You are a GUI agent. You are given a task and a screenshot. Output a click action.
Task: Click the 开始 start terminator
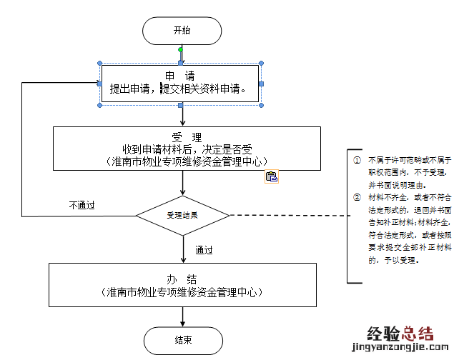[182, 30]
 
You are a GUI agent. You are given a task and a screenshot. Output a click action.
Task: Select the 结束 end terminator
[182, 340]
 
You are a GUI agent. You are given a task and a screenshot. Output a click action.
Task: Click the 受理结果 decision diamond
[182, 214]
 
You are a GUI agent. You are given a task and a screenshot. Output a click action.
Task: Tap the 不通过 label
[82, 205]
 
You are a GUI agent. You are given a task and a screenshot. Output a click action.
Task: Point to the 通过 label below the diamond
[204, 251]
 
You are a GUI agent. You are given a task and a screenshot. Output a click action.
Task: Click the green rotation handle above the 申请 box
[181, 50]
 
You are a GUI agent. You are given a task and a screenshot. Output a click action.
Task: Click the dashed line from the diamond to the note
[286, 214]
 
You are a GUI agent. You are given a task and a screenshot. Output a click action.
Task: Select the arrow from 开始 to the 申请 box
[182, 56]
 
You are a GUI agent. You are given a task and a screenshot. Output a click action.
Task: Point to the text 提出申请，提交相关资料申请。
[179, 90]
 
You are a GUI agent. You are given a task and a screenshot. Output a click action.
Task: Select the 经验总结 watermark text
[400, 333]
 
